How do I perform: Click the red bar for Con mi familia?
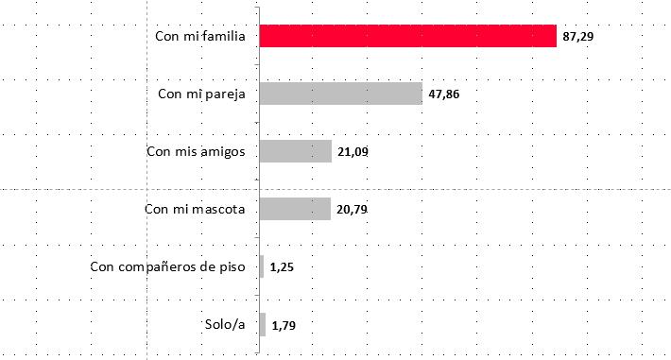click(407, 36)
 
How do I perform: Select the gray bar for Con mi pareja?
click(340, 94)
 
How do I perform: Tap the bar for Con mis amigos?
click(295, 151)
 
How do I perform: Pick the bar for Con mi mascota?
click(294, 209)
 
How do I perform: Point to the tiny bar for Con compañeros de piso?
click(261, 267)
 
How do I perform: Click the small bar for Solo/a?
click(262, 325)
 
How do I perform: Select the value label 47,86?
click(443, 95)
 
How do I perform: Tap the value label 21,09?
click(353, 153)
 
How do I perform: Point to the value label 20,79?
click(353, 211)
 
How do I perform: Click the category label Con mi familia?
click(200, 37)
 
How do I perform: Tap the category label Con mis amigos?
click(198, 151)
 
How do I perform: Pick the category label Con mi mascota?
click(196, 209)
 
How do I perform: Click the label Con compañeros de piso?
click(168, 267)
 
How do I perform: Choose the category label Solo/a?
click(225, 325)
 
